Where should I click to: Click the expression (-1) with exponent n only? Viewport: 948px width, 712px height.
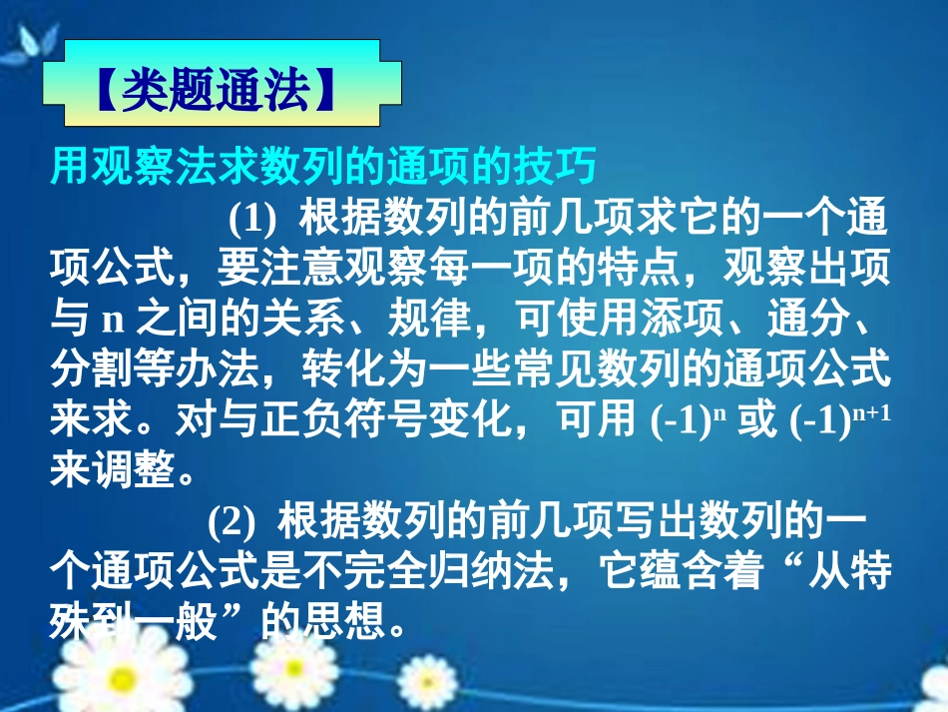coord(689,421)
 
